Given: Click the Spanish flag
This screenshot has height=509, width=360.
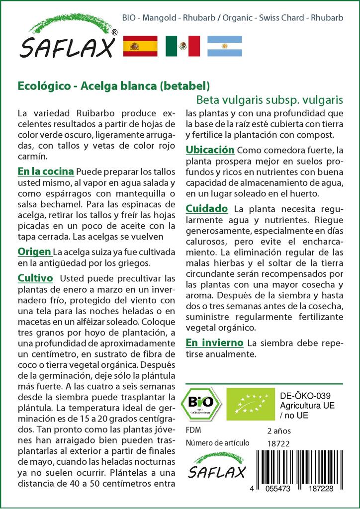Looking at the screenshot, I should [x=140, y=46].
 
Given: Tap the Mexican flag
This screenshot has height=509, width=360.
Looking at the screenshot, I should [x=182, y=46].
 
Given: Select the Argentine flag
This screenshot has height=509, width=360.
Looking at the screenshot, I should [x=225, y=46].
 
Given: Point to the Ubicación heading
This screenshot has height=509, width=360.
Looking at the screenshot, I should [x=209, y=150].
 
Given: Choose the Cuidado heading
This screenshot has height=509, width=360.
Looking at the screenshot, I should [x=207, y=208].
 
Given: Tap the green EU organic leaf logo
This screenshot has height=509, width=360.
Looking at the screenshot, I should [x=250, y=403].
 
